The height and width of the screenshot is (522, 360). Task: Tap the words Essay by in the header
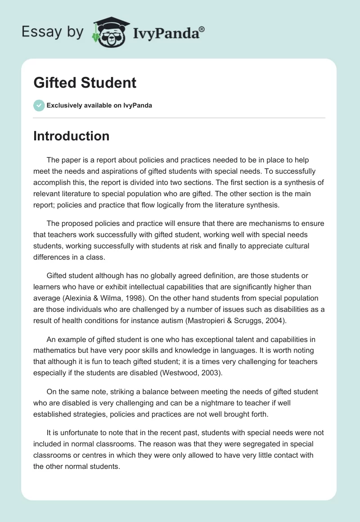53,32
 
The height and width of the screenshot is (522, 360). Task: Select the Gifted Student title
85,83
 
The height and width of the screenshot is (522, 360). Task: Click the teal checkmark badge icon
39,105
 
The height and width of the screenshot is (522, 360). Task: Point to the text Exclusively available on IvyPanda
99,106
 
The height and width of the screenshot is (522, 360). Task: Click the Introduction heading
71,136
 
